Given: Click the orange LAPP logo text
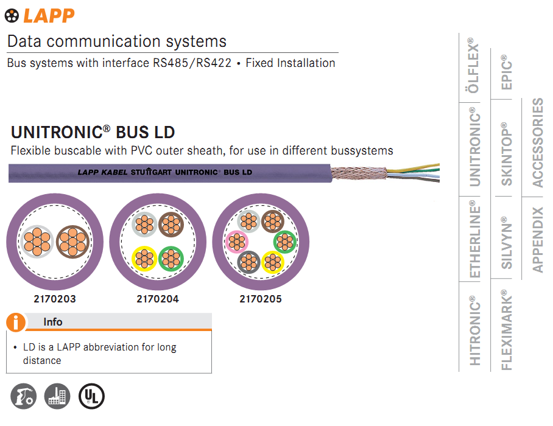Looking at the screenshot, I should coord(49,15).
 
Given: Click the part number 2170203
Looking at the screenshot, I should coord(55,299).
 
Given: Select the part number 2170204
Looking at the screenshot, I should coord(158,299).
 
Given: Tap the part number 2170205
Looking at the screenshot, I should coord(261,299).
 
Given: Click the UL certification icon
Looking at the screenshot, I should coord(92,397).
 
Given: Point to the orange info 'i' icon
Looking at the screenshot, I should coord(16,322).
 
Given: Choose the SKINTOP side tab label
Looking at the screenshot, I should coord(507,154).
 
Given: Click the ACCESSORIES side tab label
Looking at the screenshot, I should coord(538,142).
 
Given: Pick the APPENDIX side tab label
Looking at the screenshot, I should coord(538,240).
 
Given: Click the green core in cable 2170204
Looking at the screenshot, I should coord(171,259).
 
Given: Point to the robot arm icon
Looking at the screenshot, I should coord(23,397).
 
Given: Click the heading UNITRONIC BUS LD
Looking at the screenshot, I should coord(93,132).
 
